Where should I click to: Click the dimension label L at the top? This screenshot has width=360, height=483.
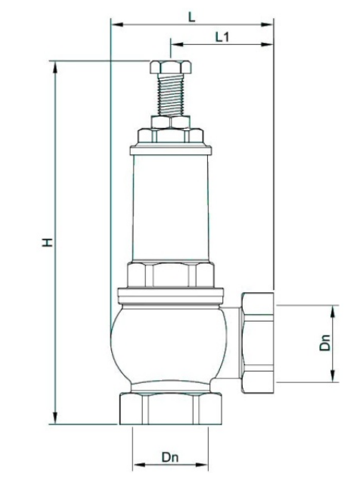click(192, 17)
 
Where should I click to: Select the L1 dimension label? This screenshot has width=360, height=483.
click(222, 37)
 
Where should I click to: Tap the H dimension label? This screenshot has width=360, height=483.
click(48, 242)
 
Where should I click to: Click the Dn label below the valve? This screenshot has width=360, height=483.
click(170, 457)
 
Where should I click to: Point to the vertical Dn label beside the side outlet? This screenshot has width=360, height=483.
click(325, 342)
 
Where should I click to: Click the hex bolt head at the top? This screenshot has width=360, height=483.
click(171, 67)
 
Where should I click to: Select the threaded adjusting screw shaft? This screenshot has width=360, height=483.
click(170, 95)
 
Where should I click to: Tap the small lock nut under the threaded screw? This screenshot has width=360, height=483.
click(170, 122)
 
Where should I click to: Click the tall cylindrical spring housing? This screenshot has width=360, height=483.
click(171, 208)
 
